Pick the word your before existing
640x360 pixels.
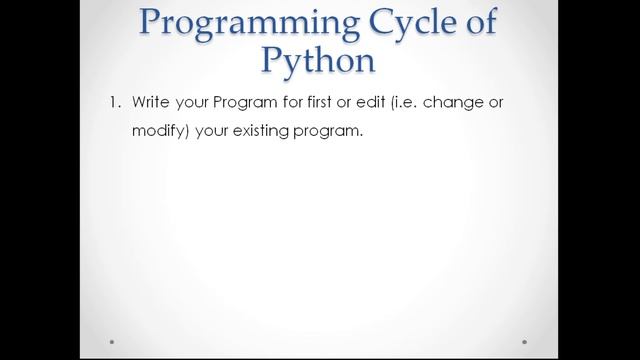click(x=209, y=132)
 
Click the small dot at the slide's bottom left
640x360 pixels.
click(x=112, y=341)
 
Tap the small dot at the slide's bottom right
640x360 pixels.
click(x=527, y=341)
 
